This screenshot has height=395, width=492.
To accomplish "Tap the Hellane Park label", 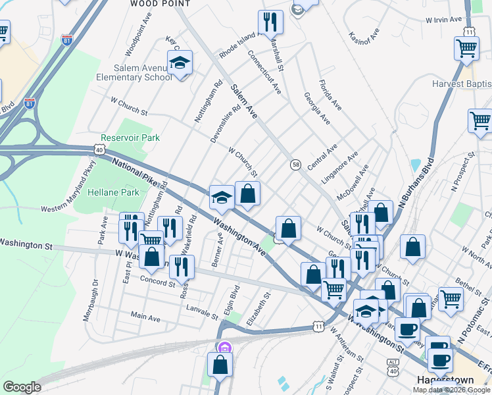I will point(107,192).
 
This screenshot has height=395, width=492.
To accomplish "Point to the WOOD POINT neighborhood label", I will point(160,4).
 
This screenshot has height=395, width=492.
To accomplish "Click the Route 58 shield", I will point(296,164).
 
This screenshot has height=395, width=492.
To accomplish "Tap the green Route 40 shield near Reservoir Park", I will point(99,149).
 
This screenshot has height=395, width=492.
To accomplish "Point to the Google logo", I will point(21,387).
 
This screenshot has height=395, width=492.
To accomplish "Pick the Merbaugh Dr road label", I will point(90,300).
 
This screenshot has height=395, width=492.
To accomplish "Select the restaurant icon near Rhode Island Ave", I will point(270,21).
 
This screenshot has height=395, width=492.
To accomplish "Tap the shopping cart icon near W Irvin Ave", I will point(466,47).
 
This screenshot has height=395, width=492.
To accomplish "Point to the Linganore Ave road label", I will point(339,167).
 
